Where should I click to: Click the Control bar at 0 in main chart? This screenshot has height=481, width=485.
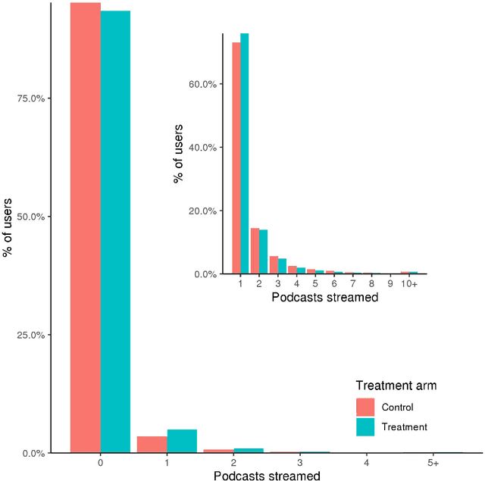[86, 227]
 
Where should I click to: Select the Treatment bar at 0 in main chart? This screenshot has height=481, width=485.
[115, 232]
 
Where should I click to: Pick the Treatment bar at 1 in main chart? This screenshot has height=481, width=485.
[182, 442]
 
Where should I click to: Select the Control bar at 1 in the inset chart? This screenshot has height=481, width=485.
[236, 158]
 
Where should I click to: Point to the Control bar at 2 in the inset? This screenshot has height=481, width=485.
[255, 251]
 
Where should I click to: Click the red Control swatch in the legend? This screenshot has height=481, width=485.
[365, 408]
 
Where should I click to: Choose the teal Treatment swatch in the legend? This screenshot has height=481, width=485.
[365, 427]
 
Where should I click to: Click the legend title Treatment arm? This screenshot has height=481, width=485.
[396, 386]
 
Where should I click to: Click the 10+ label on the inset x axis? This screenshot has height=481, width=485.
[409, 283]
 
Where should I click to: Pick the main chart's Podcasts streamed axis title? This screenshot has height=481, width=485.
[266, 476]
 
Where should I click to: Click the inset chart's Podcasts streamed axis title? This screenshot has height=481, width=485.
[324, 297]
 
